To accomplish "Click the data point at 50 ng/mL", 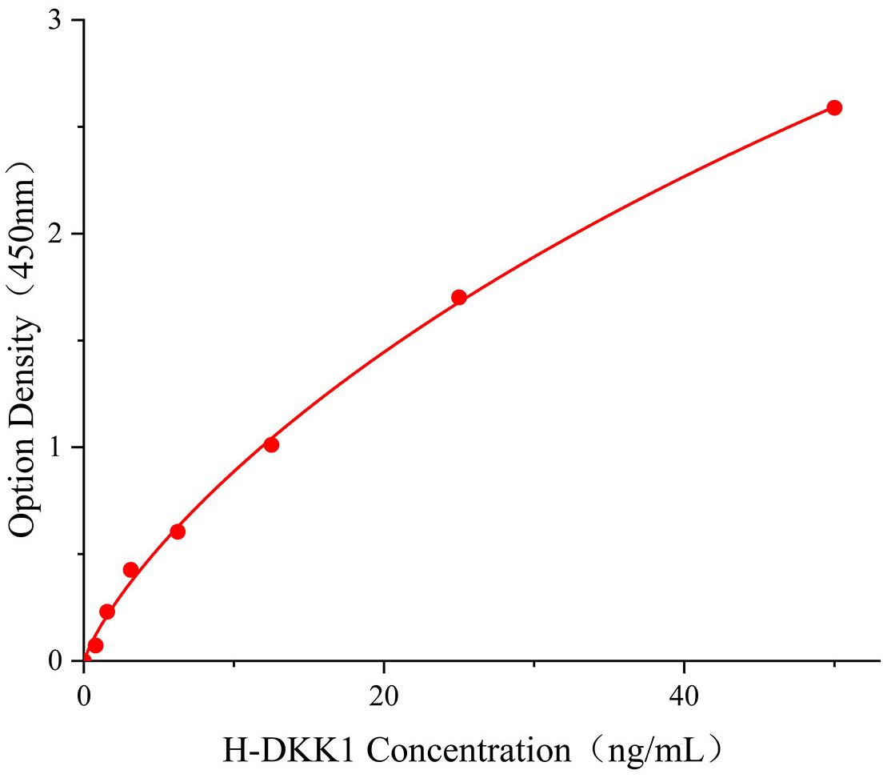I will tap(834, 108).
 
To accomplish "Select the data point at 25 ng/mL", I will tap(459, 298).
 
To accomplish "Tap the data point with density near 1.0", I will tap(271, 445).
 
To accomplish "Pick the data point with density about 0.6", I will tap(178, 531).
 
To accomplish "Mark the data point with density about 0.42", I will tap(130, 570).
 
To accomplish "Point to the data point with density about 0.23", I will tap(107, 612).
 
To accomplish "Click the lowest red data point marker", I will tap(95, 645).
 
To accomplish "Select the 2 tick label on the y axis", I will tap(56, 234).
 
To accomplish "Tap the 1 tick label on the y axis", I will tap(56, 447).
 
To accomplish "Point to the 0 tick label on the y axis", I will tap(56, 661).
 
